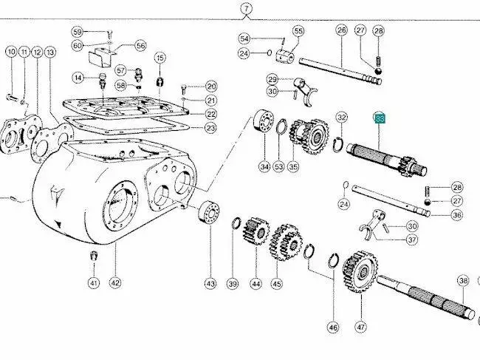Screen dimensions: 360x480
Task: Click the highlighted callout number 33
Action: pyautogui.click(x=380, y=118)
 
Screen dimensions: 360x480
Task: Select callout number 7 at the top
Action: pyautogui.click(x=247, y=10)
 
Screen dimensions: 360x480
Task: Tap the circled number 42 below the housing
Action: pyautogui.click(x=114, y=282)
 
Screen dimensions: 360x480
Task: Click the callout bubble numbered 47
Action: pyautogui.click(x=361, y=325)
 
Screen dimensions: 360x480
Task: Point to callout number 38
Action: pyautogui.click(x=463, y=280)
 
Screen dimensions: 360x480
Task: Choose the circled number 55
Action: pyautogui.click(x=298, y=31)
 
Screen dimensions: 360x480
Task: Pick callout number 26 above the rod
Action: pyautogui.click(x=341, y=31)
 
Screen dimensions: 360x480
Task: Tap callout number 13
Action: pyautogui.click(x=49, y=52)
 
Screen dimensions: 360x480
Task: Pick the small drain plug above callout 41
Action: pyautogui.click(x=94, y=256)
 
